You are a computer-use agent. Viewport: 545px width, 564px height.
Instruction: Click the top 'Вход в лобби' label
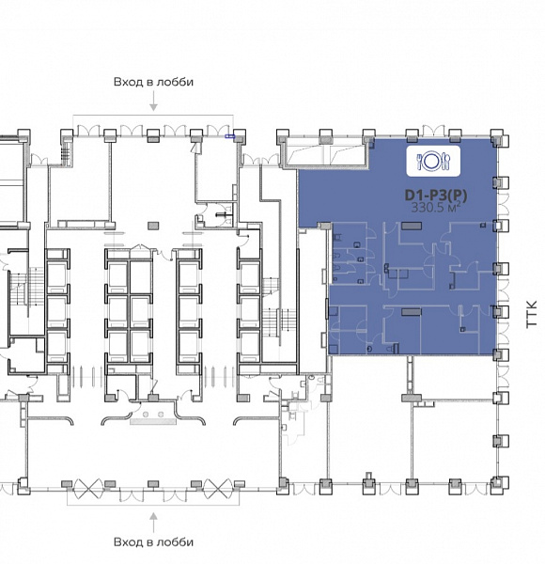(x=153, y=82)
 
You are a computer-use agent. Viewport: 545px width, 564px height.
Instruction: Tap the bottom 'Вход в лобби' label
(x=153, y=541)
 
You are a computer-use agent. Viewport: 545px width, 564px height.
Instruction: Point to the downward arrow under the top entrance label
(x=153, y=102)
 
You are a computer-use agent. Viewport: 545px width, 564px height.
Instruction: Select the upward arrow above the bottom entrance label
(x=153, y=523)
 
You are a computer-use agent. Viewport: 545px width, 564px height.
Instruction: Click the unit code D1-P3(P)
(x=436, y=196)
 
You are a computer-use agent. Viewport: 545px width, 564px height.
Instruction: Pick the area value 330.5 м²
(x=436, y=208)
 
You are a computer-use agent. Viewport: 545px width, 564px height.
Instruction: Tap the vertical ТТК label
(x=531, y=314)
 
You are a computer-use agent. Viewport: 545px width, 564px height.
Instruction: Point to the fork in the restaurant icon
(x=419, y=162)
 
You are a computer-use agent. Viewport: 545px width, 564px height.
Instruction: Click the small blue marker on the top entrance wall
(x=229, y=136)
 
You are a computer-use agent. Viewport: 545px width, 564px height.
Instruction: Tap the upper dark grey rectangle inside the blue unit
(x=412, y=226)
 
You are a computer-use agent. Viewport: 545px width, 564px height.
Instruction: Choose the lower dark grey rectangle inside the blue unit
(x=411, y=312)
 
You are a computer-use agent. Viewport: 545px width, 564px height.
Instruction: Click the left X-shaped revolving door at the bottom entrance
(x=88, y=489)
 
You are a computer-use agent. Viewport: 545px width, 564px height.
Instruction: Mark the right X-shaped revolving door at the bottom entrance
(x=218, y=489)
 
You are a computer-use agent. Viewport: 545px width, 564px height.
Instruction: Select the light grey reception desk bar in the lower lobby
(x=153, y=421)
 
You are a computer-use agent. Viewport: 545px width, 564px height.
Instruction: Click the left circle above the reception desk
(x=146, y=415)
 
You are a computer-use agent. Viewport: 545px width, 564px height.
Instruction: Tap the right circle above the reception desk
(x=161, y=415)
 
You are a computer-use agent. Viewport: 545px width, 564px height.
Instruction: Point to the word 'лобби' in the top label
(x=174, y=82)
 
